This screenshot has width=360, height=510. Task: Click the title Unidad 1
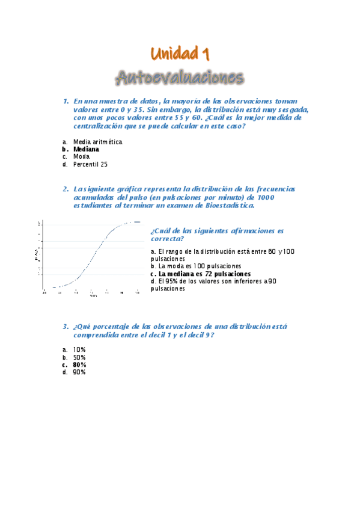pos(180,55)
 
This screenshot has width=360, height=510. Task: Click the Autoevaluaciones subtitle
pos(180,78)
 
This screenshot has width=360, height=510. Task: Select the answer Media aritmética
pos(97,142)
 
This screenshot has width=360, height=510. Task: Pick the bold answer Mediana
pos(86,149)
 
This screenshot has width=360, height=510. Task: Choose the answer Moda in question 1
pos(81,156)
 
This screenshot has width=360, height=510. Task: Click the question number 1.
pos(66,102)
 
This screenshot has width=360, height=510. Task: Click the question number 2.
pos(66,189)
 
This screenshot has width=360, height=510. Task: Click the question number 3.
pos(66,327)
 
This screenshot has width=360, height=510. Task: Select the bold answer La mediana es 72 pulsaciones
pos(204,274)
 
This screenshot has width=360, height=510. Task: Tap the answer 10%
pos(79,349)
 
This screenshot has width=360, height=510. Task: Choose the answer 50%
pos(79,357)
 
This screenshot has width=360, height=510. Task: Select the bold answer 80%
pos(79,364)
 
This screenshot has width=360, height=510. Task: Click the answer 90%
pos(79,372)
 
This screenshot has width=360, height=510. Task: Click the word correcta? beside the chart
pos(167,239)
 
